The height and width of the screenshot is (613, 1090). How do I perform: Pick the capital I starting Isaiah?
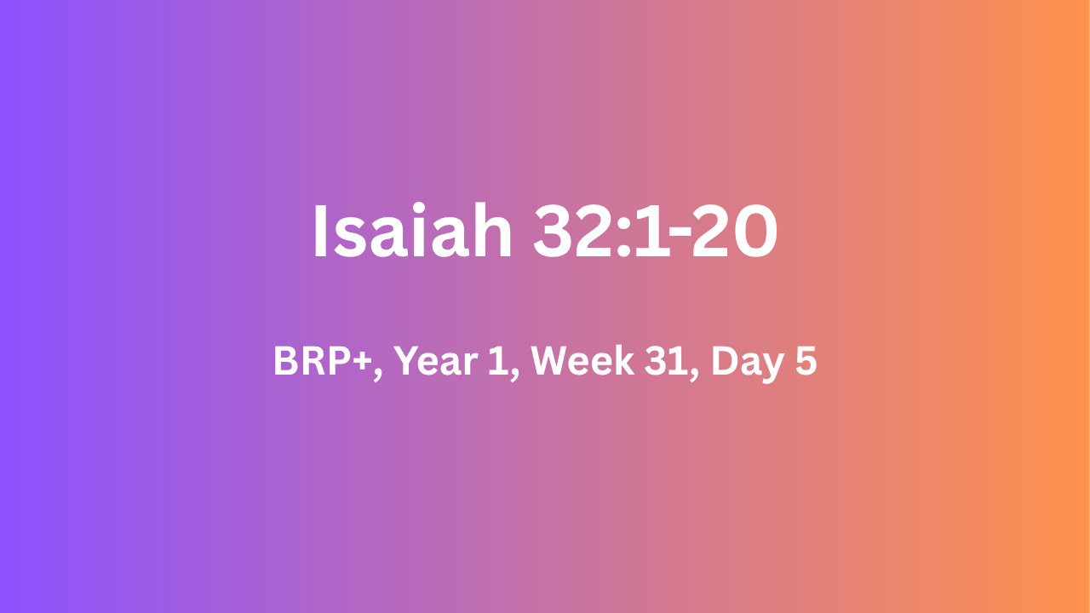click(320, 231)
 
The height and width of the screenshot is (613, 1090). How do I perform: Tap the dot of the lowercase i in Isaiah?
click(421, 209)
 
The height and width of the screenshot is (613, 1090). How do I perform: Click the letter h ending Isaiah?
click(489, 230)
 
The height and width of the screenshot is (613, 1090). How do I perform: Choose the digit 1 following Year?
click(498, 360)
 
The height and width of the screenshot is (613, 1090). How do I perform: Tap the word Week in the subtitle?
click(582, 360)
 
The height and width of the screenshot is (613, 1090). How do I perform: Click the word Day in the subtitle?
click(748, 363)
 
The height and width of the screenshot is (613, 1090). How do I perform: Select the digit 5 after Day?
click(806, 361)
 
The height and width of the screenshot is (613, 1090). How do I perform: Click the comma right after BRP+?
click(378, 375)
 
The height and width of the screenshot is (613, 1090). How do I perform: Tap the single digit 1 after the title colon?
click(651, 231)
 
